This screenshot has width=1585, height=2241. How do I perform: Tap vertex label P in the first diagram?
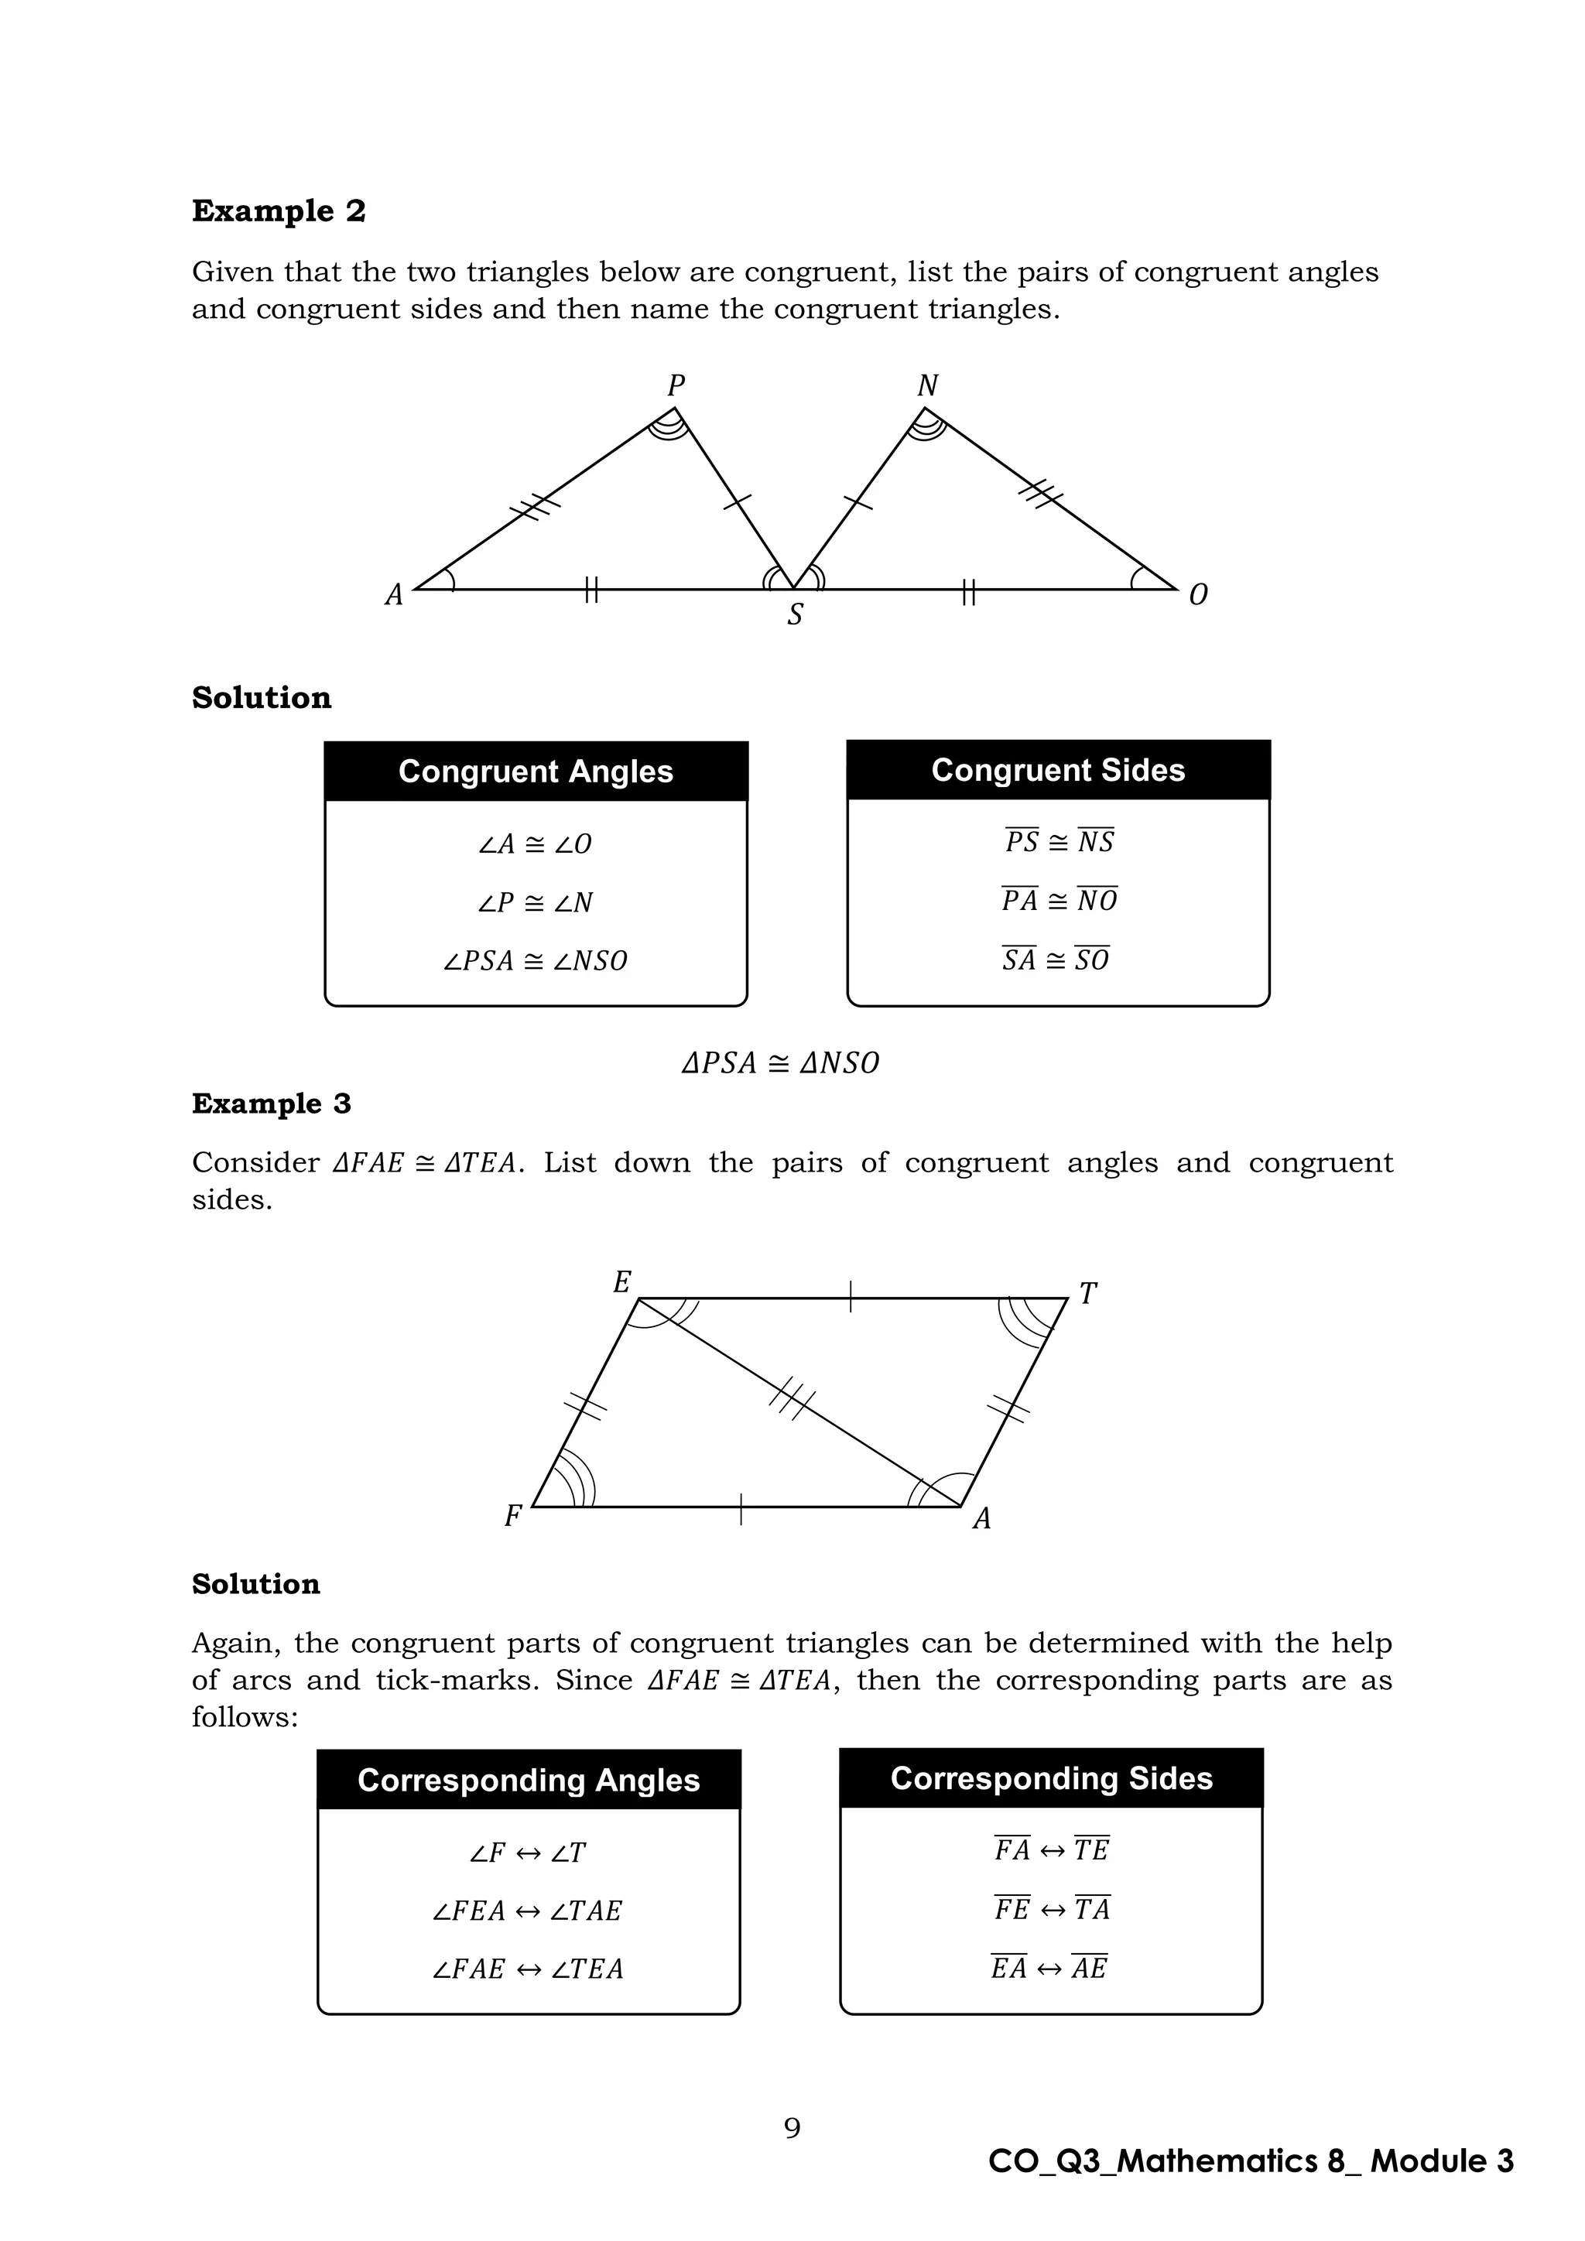point(676,386)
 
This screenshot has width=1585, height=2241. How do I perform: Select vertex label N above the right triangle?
point(927,386)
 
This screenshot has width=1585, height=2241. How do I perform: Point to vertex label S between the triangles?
point(796,615)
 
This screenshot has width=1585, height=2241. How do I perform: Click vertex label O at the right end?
point(1199,594)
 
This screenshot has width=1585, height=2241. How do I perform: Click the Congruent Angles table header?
point(536,771)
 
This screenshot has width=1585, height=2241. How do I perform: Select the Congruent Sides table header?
point(1058,770)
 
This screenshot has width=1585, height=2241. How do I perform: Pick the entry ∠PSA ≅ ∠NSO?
point(536,961)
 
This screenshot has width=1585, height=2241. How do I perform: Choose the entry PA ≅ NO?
point(1059,901)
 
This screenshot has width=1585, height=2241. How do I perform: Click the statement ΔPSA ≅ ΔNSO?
point(781,1063)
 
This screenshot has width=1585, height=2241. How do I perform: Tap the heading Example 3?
point(272,1104)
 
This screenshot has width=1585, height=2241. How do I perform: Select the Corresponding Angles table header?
point(529,1781)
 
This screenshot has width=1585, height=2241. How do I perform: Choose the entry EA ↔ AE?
point(1049,1968)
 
